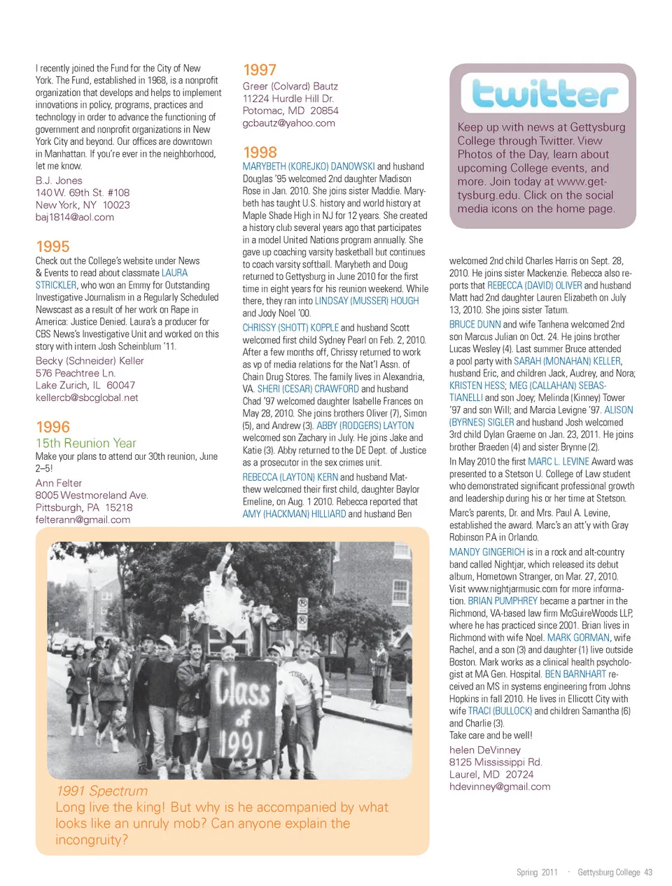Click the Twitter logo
pyautogui.click(x=545, y=94)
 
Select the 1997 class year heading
pyautogui.click(x=260, y=70)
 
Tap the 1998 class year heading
pyautogui.click(x=260, y=152)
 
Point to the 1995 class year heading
pyautogui.click(x=52, y=246)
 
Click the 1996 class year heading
pyautogui.click(x=52, y=427)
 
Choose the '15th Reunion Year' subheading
pyautogui.click(x=85, y=443)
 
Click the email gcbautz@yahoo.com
pyautogui.click(x=288, y=123)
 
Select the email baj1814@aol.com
pyautogui.click(x=74, y=217)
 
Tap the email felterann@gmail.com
pyautogui.click(x=83, y=519)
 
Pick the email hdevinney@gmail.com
pyautogui.click(x=500, y=787)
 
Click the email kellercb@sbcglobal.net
pyautogui.click(x=87, y=398)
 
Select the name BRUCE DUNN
pyautogui.click(x=475, y=325)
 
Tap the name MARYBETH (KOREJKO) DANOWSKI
pyautogui.click(x=309, y=167)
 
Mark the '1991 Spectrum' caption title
pyautogui.click(x=102, y=791)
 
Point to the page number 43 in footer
pyautogui.click(x=648, y=872)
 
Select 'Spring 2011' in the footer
pyautogui.click(x=537, y=872)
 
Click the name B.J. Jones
pyautogui.click(x=59, y=181)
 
